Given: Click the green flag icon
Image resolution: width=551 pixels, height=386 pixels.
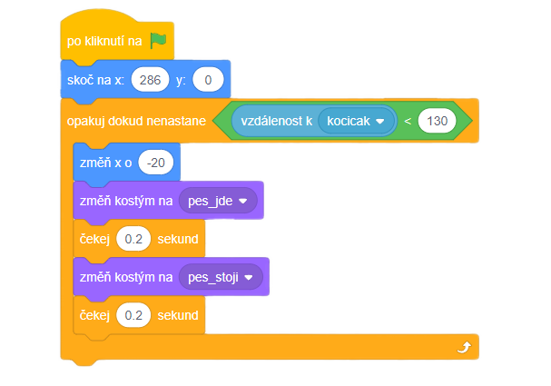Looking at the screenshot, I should click(x=159, y=41).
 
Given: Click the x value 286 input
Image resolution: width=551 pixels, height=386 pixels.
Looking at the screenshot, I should click(x=150, y=81).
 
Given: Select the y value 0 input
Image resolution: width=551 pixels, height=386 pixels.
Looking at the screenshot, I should click(x=208, y=81).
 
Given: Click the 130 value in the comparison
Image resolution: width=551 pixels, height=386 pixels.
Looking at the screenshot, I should click(x=437, y=121).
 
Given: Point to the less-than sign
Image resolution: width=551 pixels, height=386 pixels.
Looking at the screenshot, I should click(x=407, y=121).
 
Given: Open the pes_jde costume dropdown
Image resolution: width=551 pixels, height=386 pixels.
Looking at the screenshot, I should click(x=218, y=201).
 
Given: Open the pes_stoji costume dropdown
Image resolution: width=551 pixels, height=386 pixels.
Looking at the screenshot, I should click(x=221, y=276).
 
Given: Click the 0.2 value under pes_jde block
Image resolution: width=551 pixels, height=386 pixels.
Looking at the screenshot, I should click(x=133, y=239).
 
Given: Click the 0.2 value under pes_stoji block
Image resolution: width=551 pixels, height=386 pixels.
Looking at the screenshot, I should click(x=133, y=315).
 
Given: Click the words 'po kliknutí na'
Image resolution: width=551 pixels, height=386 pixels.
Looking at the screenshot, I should click(x=103, y=42).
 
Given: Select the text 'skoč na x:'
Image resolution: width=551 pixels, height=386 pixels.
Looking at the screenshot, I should click(x=96, y=81).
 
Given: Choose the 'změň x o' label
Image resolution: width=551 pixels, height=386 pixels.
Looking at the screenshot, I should click(x=107, y=163).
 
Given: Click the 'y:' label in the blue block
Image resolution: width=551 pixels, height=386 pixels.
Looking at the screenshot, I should click(x=181, y=81).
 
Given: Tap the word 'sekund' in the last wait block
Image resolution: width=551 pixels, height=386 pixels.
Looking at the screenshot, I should click(x=177, y=315).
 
